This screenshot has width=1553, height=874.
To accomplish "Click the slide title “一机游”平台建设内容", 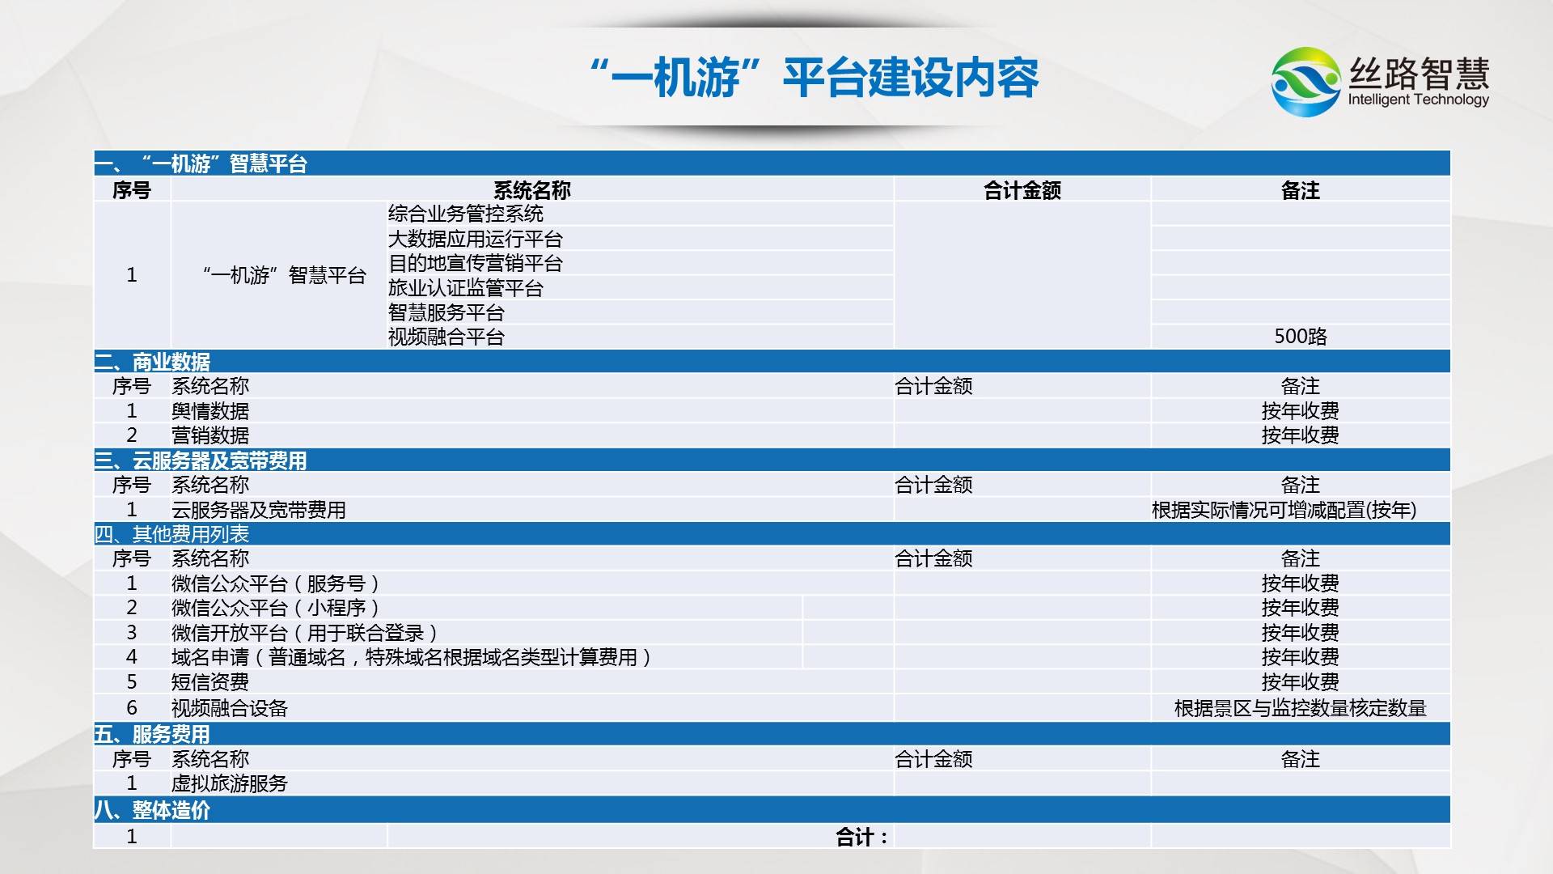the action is (x=815, y=78).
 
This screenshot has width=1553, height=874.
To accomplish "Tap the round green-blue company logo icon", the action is (x=1306, y=82).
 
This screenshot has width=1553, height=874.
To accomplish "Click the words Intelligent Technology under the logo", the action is (x=1418, y=100).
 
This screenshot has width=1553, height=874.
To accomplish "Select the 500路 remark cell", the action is (x=1301, y=337).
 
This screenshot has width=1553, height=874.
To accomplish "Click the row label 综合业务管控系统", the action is (x=466, y=214).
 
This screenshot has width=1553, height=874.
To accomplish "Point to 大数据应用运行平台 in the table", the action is (x=476, y=239).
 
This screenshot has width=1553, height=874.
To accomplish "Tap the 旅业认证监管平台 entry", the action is (x=466, y=288).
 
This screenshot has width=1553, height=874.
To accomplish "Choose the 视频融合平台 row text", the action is (x=446, y=337).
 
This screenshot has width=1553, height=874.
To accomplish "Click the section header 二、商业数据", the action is (x=152, y=362).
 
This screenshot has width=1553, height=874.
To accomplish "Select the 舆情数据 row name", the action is (x=210, y=411).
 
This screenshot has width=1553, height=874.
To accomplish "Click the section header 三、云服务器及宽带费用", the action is (x=201, y=460).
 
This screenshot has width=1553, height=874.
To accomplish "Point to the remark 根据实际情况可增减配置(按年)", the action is (x=1284, y=510).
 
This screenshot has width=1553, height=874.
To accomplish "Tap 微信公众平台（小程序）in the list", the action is (x=275, y=608).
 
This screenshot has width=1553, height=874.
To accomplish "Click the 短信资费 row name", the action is (x=210, y=682).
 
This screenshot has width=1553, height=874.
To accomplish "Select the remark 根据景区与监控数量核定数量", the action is (x=1301, y=708).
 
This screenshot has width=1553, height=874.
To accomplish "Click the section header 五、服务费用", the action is (x=152, y=734).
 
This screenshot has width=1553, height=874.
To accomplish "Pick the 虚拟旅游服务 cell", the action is (x=230, y=783).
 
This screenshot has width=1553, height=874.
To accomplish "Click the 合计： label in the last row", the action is (x=862, y=837).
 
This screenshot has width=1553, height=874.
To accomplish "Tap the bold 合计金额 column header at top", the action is (x=1022, y=190).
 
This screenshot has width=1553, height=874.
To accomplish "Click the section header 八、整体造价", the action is (x=152, y=810).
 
